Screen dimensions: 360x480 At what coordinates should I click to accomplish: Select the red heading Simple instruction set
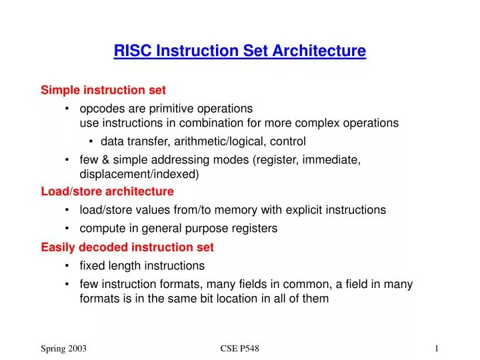pyautogui.click(x=103, y=89)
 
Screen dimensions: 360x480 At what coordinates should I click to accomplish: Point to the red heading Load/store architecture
pyautogui.click(x=107, y=191)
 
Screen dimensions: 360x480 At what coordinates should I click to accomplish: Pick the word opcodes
pyautogui.click(x=101, y=108)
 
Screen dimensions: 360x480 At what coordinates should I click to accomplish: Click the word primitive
pyautogui.click(x=165, y=108)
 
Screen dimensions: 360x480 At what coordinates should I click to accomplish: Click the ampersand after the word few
pyautogui.click(x=105, y=159)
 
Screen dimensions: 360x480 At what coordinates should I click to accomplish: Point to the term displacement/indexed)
pyautogui.click(x=139, y=174)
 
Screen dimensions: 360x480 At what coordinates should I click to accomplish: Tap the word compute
pyautogui.click(x=100, y=228)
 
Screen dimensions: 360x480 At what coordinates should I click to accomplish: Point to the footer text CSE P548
pyautogui.click(x=239, y=349)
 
